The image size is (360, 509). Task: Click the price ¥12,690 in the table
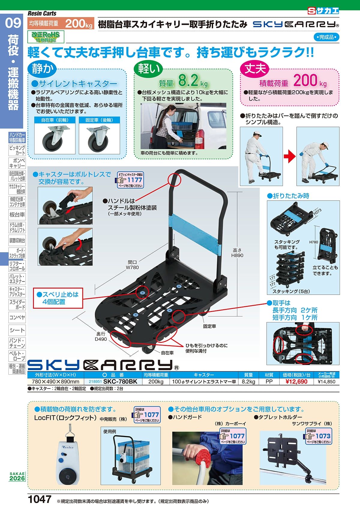[296, 382]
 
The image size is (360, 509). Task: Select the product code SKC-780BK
[120, 382]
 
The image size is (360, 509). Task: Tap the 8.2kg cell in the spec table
[248, 382]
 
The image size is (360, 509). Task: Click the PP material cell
[269, 382]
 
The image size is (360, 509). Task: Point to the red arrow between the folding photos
[289, 156]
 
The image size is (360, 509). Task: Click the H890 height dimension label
[237, 255]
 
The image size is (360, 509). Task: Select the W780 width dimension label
[132, 267]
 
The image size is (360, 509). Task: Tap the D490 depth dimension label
[101, 339]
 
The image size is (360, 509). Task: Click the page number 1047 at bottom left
[40, 499]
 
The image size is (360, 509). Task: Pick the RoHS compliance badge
[46, 37]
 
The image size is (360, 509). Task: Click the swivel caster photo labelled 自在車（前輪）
[55, 139]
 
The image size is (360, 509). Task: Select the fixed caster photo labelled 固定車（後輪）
[99, 139]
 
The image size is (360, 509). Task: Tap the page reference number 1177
[134, 180]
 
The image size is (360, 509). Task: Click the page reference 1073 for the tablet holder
[322, 436]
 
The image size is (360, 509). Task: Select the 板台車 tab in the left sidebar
[17, 215]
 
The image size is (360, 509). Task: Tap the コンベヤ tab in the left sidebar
[17, 317]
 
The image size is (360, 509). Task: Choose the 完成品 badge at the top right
[326, 37]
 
